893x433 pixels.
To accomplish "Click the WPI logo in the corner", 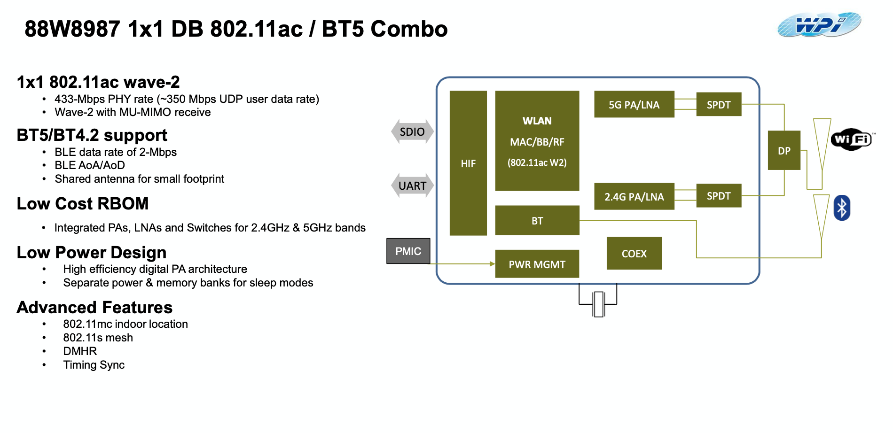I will [x=819, y=25].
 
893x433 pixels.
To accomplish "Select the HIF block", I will [x=468, y=163].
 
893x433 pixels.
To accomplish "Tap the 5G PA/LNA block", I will [x=634, y=104].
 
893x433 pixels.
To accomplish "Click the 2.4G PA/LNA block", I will [x=634, y=196].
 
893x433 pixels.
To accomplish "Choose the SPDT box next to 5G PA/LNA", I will [x=719, y=104].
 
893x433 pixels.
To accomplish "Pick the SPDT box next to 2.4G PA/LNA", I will [x=719, y=196].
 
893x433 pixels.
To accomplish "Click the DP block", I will [x=784, y=150].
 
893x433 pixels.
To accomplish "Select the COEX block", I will [x=634, y=254].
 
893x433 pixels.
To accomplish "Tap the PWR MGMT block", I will [x=537, y=264].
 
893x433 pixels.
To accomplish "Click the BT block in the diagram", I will [x=537, y=220].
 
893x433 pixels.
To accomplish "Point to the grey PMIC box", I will [x=408, y=251].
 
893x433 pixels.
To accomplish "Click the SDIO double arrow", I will [x=412, y=131].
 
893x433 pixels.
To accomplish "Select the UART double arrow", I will [x=412, y=186].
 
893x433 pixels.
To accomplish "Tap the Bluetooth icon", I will [x=842, y=208].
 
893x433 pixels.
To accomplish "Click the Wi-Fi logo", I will [x=852, y=139].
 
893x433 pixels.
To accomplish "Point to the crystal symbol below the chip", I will [x=598, y=304].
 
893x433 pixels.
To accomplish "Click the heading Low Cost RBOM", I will [x=83, y=204].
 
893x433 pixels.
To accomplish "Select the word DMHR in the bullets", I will [x=80, y=351].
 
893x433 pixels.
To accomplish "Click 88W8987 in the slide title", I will [x=72, y=29].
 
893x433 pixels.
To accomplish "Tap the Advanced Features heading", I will [x=94, y=308].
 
